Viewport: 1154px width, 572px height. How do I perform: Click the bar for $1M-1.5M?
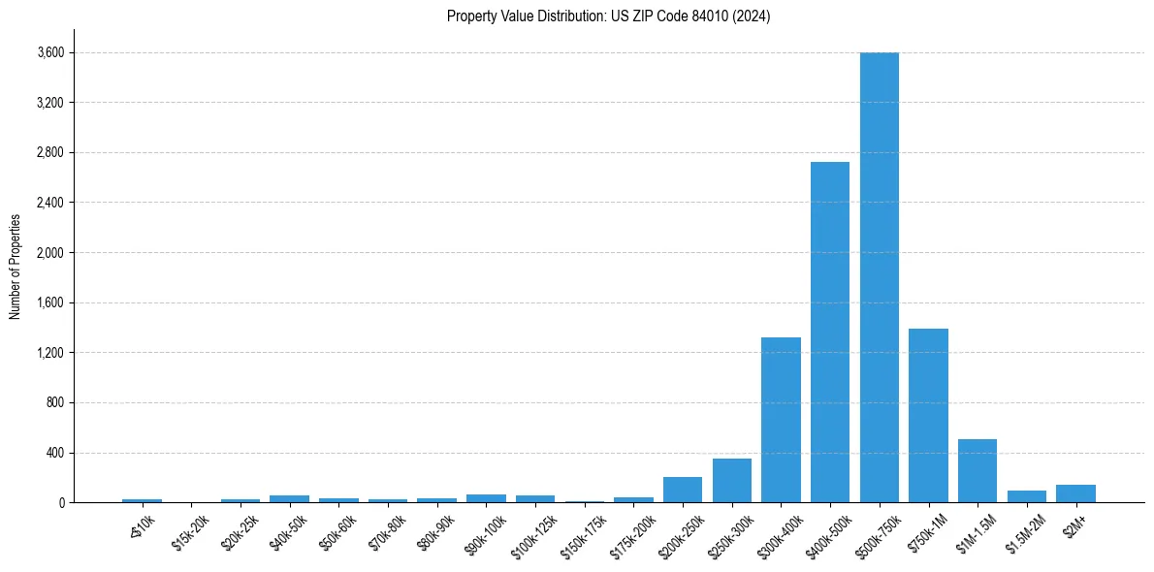[978, 471]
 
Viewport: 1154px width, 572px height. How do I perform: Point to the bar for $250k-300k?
[732, 481]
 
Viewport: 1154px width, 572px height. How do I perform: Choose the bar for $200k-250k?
[683, 490]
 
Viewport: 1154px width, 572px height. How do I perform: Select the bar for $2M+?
[1075, 493]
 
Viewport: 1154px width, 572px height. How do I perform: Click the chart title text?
[608, 16]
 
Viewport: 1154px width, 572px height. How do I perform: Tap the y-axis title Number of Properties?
[16, 266]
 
